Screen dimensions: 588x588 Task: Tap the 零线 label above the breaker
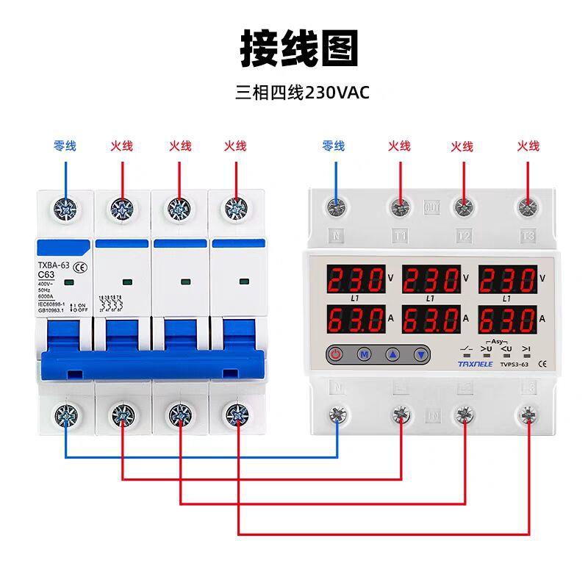(65, 146)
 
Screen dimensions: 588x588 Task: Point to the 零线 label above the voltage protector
(334, 146)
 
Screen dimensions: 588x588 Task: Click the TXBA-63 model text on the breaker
(53, 265)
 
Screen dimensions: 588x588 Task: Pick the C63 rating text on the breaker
(49, 276)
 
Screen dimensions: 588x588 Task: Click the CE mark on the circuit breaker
(82, 266)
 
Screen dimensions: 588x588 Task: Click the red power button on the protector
(336, 354)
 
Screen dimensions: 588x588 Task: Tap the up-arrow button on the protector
(392, 354)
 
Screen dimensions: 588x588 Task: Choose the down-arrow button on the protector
(420, 354)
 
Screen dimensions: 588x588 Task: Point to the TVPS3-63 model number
(514, 362)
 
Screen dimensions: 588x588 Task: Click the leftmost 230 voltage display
(355, 280)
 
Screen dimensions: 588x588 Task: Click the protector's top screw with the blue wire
(337, 209)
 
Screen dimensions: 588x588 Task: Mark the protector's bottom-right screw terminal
(527, 415)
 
